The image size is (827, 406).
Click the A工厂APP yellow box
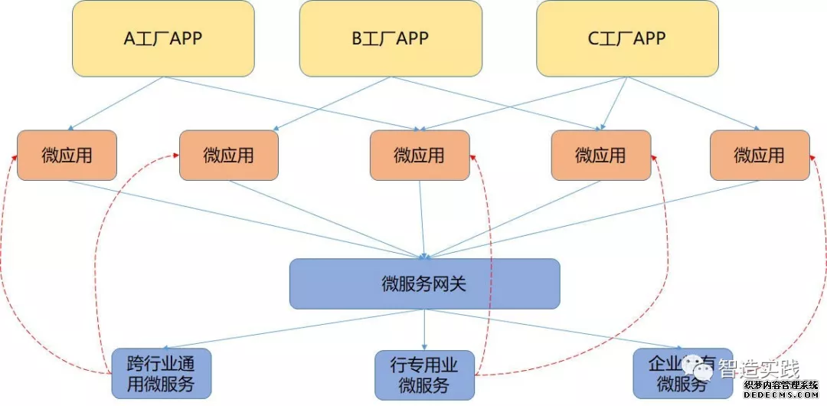click(163, 38)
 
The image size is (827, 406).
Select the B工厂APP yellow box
click(391, 38)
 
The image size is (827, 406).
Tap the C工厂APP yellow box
click(627, 38)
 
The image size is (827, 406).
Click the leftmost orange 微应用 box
click(67, 156)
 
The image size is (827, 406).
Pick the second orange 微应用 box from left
click(229, 156)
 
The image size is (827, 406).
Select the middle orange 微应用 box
click(420, 156)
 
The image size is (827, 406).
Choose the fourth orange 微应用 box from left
click(601, 156)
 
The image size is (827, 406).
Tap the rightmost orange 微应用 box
click(760, 156)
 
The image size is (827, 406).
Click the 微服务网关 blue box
click(424, 284)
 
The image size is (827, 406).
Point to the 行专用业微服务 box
click(424, 375)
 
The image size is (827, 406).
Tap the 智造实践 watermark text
click(759, 368)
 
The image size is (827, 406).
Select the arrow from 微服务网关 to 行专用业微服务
click(424, 329)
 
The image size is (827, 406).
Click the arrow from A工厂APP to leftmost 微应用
click(115, 103)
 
